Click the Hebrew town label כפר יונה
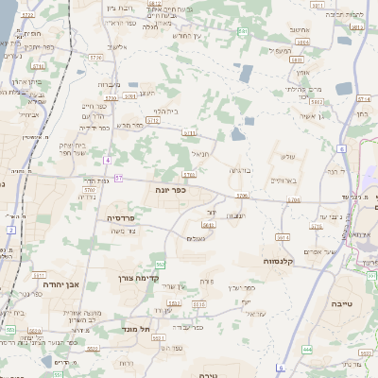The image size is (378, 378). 170,190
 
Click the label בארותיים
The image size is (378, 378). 283,179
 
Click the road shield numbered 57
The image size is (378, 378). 118,177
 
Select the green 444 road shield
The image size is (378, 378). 308,350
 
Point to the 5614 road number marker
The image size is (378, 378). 280,237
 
